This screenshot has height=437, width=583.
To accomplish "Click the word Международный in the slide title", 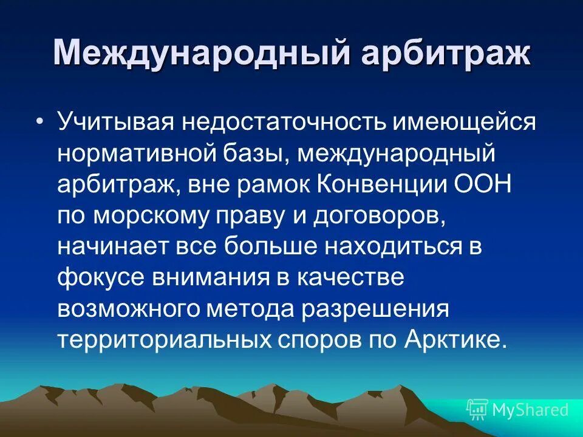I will coord(200,53).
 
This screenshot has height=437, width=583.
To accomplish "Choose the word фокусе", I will coord(100,278).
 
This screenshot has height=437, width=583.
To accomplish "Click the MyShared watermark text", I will coord(531,410).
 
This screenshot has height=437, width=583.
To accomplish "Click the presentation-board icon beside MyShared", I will coord(477,410).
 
